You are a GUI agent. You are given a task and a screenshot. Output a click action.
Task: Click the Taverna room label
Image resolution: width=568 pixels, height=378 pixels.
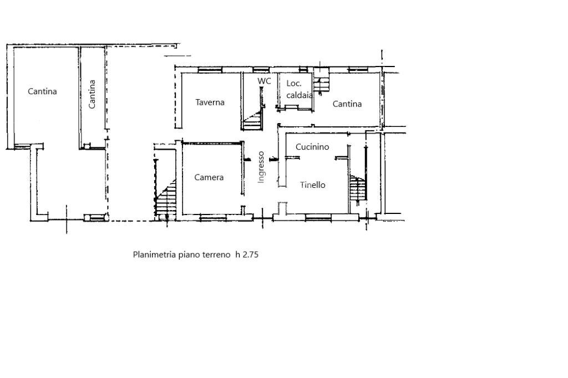coord(210,102)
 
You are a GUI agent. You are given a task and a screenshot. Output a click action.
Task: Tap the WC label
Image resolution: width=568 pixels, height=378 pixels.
coord(264,81)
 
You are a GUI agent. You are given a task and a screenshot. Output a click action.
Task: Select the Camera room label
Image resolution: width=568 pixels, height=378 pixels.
coord(209,177)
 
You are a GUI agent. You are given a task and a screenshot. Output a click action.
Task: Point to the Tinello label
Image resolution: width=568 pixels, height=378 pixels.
coord(313,185)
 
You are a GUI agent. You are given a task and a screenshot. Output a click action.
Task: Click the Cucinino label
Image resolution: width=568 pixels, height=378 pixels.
coord(312,147)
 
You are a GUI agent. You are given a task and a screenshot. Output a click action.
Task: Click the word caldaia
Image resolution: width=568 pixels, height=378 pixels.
coord(300,95)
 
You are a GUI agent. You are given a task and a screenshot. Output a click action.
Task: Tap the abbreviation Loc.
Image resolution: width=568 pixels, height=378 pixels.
coord(294,84)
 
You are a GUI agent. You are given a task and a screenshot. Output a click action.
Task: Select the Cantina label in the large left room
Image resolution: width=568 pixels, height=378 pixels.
coord(43,91)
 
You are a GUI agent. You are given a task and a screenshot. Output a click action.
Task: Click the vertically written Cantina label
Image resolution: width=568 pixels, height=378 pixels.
coord(92,94)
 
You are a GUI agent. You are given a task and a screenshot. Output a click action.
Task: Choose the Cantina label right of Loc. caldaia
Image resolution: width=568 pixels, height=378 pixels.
coord(347,104)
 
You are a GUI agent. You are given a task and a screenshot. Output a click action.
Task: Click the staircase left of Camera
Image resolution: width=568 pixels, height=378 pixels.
coord(166,199)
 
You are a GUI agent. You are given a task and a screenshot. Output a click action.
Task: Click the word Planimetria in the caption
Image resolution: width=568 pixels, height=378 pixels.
coord(154,255)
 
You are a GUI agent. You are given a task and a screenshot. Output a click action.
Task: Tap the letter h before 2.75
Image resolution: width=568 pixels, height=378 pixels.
coord(237,255)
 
